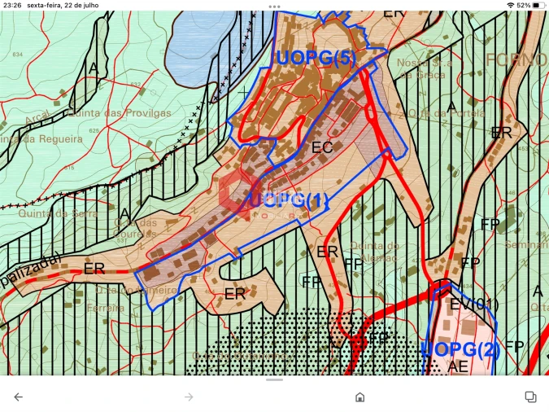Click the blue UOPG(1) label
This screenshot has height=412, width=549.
click(x=290, y=200)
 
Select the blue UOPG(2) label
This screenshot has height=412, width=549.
click(x=461, y=350)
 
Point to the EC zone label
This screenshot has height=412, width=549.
click(x=322, y=147)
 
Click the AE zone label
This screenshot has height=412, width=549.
click(x=458, y=366)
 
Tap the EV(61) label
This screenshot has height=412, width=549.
click(x=474, y=304)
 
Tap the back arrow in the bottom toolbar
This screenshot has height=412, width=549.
click(x=18, y=397)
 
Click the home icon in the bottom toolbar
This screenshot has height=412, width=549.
click(x=359, y=397)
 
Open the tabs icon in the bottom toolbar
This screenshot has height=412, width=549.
click(x=530, y=397)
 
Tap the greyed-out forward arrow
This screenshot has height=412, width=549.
click(x=189, y=397)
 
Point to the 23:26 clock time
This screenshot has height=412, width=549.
click(x=11, y=5)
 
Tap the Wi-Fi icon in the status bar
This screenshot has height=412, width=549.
click(x=510, y=5)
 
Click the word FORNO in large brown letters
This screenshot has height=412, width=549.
click(x=516, y=59)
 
